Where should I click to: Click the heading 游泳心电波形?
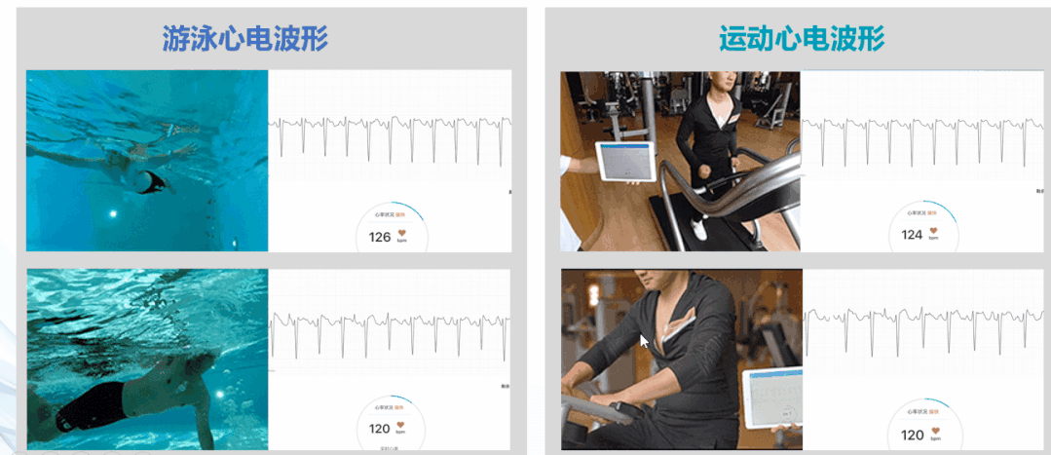pyautogui.click(x=244, y=39)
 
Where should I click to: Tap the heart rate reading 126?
pyautogui.click(x=379, y=237)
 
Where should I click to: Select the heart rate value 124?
pyautogui.click(x=912, y=235)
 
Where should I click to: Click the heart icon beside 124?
pyautogui.click(x=933, y=231)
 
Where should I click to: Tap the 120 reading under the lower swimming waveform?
pyautogui.click(x=379, y=428)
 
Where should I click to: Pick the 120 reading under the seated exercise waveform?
pyautogui.click(x=912, y=436)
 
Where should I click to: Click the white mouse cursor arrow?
pyautogui.click(x=643, y=341)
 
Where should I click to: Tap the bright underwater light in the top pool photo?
pyautogui.click(x=114, y=213)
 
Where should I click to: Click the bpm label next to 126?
pyautogui.click(x=401, y=242)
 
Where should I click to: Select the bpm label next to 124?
pyautogui.click(x=933, y=240)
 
